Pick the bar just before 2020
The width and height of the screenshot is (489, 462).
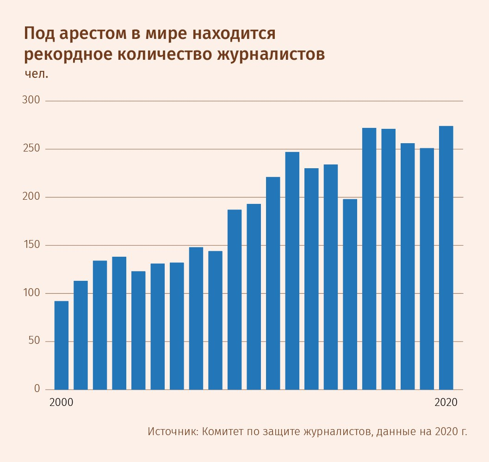(x=427, y=269)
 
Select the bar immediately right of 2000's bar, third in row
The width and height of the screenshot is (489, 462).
(x=100, y=325)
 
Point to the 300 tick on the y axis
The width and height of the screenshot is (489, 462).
(x=31, y=101)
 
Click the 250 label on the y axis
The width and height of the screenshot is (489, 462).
(x=31, y=149)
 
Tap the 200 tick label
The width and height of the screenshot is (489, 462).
(x=31, y=197)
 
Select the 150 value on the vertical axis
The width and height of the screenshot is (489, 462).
(x=31, y=245)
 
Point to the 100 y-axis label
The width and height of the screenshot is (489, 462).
(x=31, y=293)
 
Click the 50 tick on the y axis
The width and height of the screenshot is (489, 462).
(x=34, y=342)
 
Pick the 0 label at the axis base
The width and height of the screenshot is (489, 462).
(x=37, y=389)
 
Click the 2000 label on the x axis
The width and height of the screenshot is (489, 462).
(x=61, y=402)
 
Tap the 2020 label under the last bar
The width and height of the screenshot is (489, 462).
(x=446, y=402)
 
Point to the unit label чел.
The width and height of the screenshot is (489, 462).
(x=36, y=74)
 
